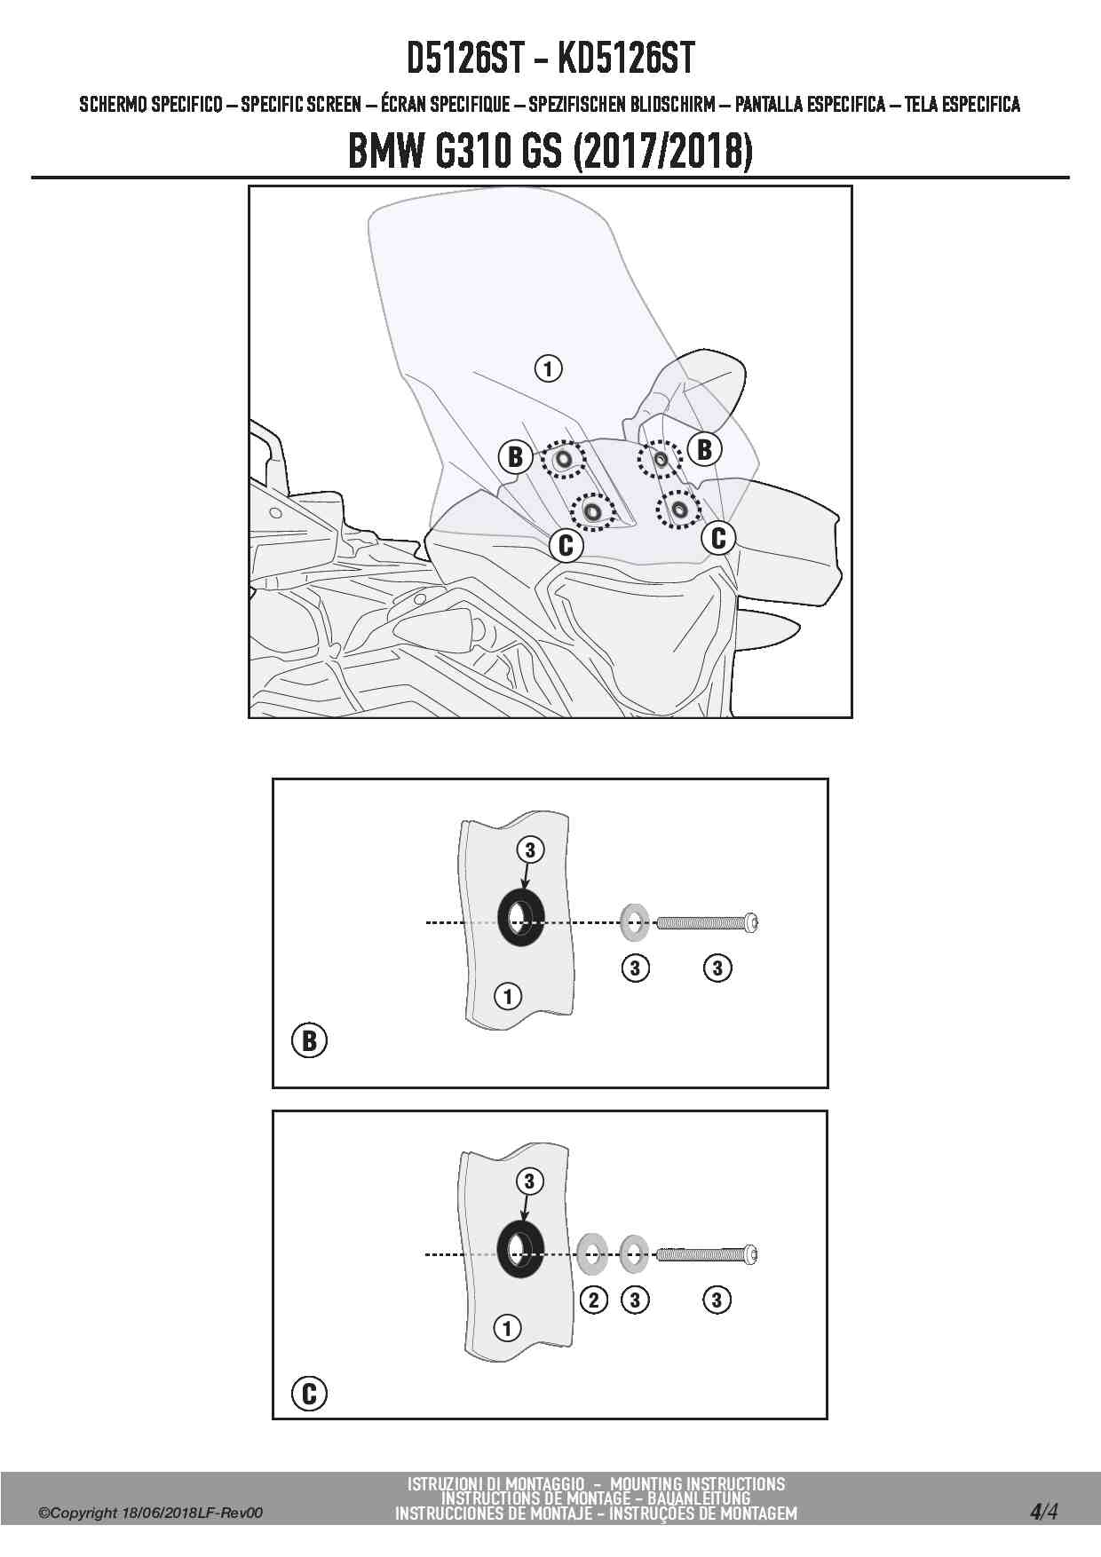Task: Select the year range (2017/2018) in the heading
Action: click(x=664, y=152)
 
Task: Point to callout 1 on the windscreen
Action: click(x=549, y=368)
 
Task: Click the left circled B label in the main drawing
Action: click(x=515, y=457)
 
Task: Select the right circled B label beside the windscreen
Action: click(x=705, y=449)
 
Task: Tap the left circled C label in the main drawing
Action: click(x=566, y=544)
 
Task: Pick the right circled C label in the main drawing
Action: click(x=719, y=537)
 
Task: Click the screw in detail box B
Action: click(x=708, y=923)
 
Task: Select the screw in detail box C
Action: click(x=708, y=1254)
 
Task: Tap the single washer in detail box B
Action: click(x=634, y=923)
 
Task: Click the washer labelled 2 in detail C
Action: click(x=592, y=1254)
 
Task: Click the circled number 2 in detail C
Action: click(x=593, y=1300)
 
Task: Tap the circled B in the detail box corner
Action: click(x=309, y=1040)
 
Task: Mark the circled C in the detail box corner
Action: click(x=309, y=1394)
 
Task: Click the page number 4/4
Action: click(x=1043, y=1511)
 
